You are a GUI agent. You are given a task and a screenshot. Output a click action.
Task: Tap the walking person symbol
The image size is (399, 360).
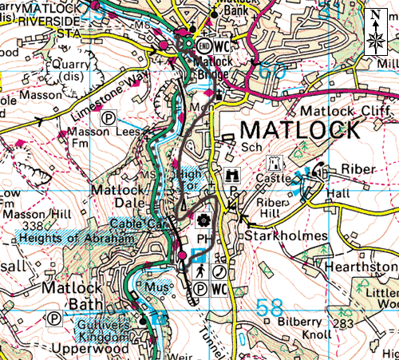199,269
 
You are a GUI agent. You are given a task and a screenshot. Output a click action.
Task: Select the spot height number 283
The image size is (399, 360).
345,323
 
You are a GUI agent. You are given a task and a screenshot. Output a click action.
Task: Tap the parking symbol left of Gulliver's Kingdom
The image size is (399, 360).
54,318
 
